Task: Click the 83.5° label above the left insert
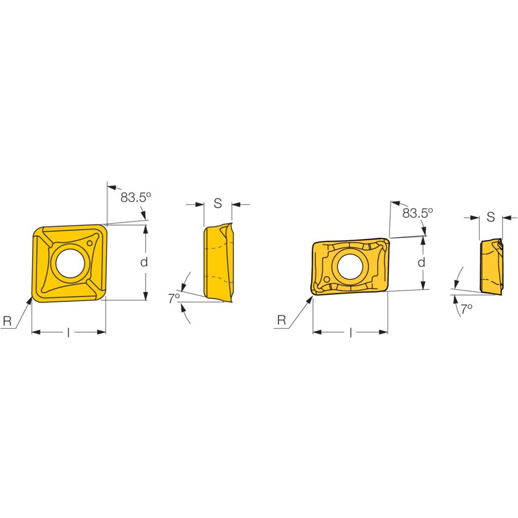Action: tap(135, 197)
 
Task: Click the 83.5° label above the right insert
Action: tap(418, 214)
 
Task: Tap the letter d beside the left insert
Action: tap(144, 262)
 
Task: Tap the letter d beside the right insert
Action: tap(421, 263)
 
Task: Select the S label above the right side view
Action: tap(490, 217)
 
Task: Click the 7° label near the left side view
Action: tap(174, 298)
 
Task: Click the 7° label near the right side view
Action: tap(466, 309)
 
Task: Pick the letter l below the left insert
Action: tap(68, 332)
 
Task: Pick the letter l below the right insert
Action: tap(350, 332)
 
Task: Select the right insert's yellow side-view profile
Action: tap(490, 267)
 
